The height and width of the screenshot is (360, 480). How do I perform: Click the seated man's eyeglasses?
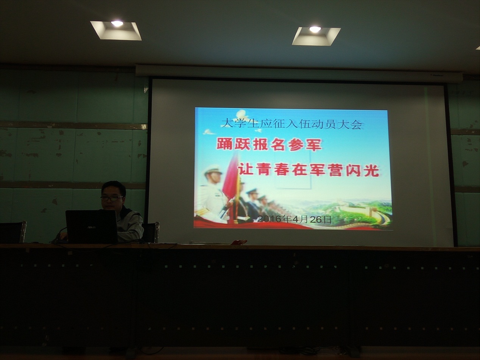[x=111, y=198]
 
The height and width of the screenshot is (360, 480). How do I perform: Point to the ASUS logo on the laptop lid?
[x=92, y=228]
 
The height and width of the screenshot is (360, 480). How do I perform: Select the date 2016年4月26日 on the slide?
[x=294, y=219]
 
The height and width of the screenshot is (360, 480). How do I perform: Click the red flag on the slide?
[x=230, y=177]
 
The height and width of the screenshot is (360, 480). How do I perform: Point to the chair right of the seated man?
[x=151, y=232]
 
